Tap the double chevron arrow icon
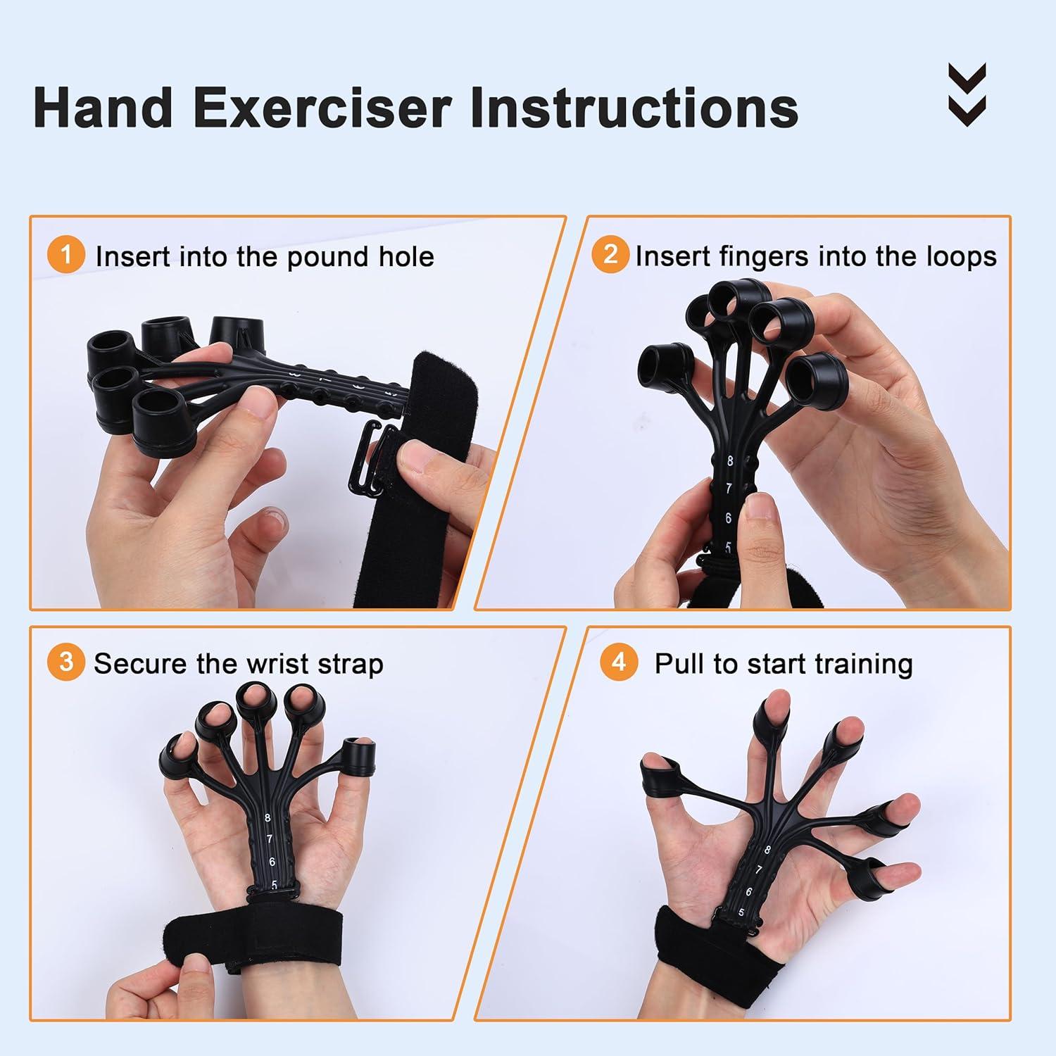pyautogui.click(x=967, y=94)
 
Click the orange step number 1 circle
pyautogui.click(x=66, y=255)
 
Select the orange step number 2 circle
pyautogui.click(x=610, y=255)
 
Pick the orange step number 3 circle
pyautogui.click(x=66, y=662)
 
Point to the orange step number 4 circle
pyautogui.click(x=619, y=662)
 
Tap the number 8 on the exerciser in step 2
pyautogui.click(x=730, y=461)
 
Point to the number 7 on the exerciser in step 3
pyautogui.click(x=270, y=839)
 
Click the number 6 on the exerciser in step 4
pyautogui.click(x=749, y=892)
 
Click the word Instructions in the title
pyautogui.click(x=634, y=108)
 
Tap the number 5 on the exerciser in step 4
pyautogui.click(x=741, y=912)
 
